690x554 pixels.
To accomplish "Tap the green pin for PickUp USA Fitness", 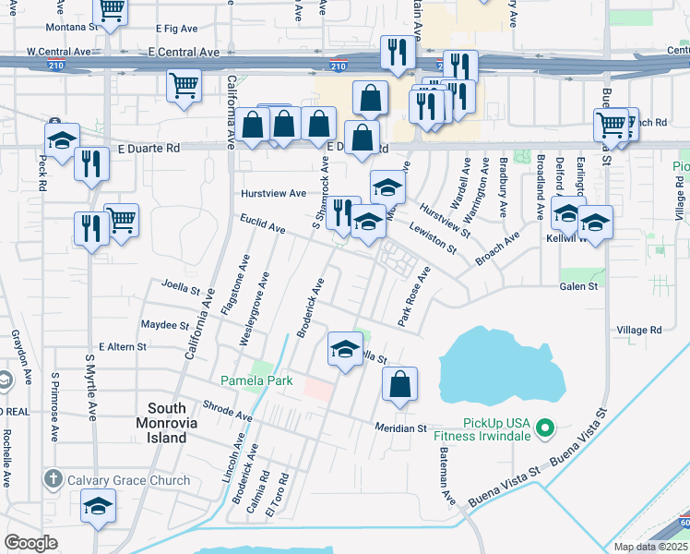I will (544, 428).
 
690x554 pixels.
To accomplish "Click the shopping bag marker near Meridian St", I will (399, 385).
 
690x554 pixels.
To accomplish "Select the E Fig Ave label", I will (179, 30).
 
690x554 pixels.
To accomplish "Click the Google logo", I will (30, 543).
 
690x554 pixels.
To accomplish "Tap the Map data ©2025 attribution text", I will (649, 547).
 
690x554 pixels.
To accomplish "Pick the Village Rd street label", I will (639, 330).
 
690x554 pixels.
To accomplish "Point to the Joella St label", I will (181, 286).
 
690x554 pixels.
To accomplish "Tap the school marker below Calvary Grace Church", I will (99, 507).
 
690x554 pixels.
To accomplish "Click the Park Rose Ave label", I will (414, 296).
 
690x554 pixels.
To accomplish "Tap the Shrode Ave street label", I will (226, 413).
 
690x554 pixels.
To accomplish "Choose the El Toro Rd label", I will (276, 495).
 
